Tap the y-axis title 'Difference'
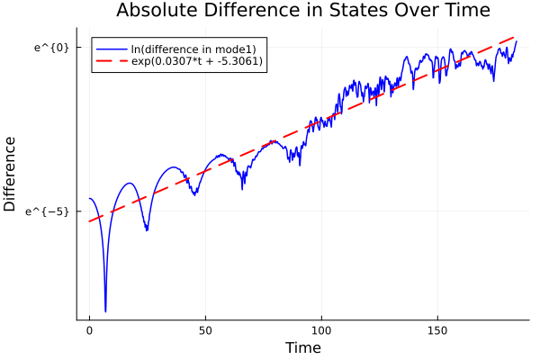pyautogui.click(x=11, y=174)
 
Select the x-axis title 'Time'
pyautogui.click(x=302, y=347)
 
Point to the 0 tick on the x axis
pyautogui.click(x=89, y=331)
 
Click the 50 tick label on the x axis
pyautogui.click(x=205, y=331)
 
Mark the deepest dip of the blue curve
pyautogui.click(x=105, y=311)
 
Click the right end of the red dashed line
pyautogui.click(x=517, y=37)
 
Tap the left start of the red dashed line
pyautogui.click(x=89, y=221)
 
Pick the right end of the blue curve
pyautogui.click(x=517, y=41)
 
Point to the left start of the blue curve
pyautogui.click(x=89, y=198)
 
